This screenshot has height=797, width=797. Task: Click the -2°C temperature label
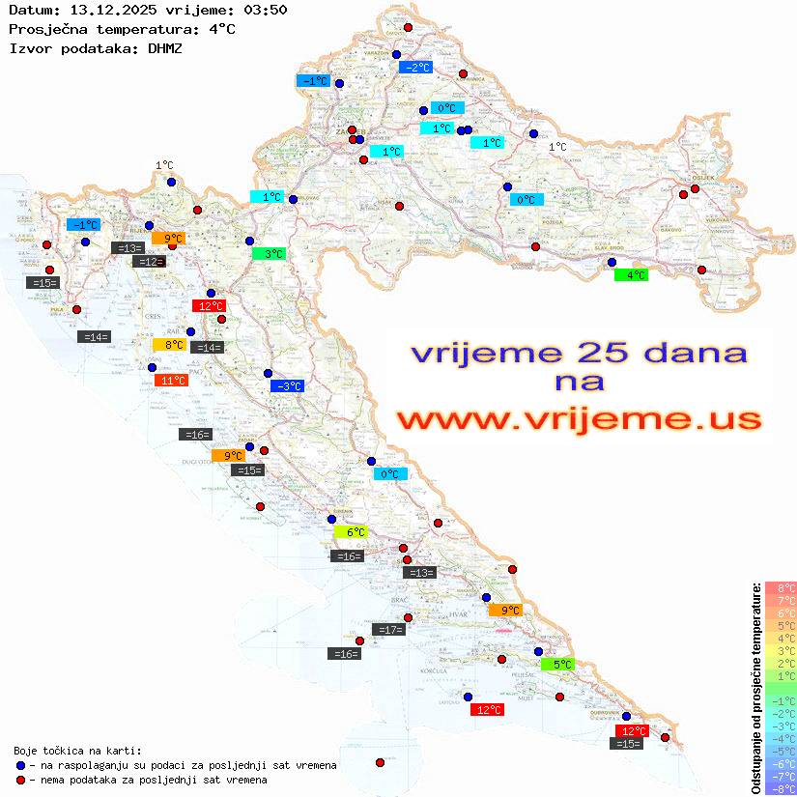tap(415, 68)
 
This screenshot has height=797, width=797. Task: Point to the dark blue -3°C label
tap(287, 386)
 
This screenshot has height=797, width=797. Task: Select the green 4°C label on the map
tap(631, 275)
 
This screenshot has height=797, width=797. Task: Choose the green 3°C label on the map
tap(268, 254)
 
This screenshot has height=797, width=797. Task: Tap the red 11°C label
tap(171, 381)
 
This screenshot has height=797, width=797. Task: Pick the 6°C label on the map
tap(351, 532)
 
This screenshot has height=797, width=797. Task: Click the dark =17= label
tap(389, 630)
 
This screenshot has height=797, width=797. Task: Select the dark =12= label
tap(149, 262)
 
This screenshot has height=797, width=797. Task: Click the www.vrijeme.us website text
tap(579, 418)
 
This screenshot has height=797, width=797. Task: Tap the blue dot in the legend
tap(21, 765)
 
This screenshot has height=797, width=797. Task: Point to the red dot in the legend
tap(21, 780)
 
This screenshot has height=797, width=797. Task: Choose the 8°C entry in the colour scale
tap(781, 588)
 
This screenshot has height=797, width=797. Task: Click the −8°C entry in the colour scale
tap(781, 789)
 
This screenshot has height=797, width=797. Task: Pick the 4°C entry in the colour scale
tap(781, 639)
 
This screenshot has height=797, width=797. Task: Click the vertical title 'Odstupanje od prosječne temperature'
tap(756, 688)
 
